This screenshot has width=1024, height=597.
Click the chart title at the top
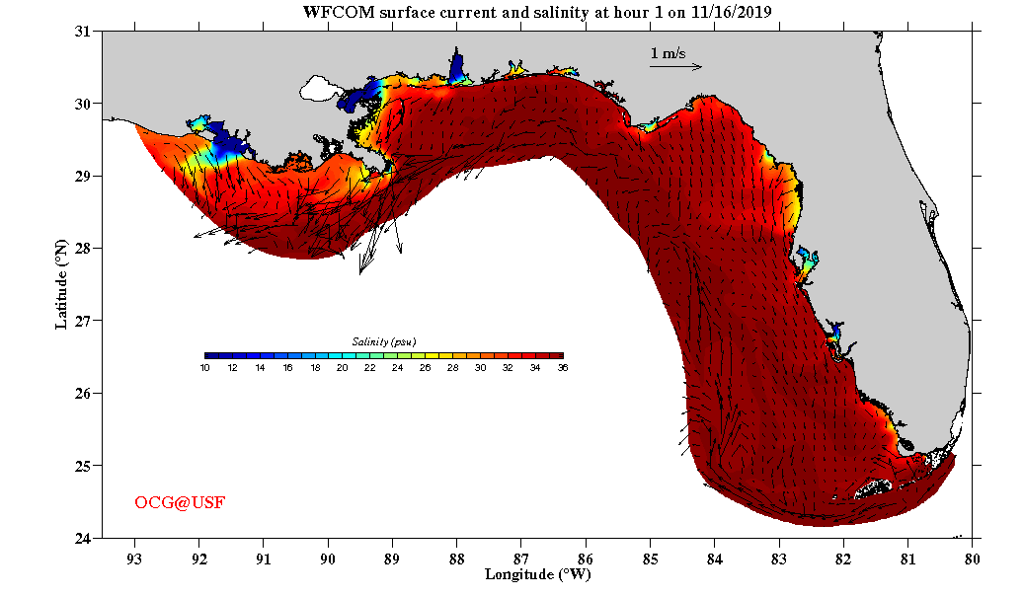[537, 12]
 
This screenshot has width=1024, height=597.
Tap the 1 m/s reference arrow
[675, 67]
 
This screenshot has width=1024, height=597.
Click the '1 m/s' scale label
[668, 52]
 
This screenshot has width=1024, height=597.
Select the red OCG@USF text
[180, 503]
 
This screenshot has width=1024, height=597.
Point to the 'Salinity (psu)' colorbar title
[384, 341]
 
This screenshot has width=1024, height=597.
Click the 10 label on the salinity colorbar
[204, 367]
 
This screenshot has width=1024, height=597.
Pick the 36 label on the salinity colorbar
[562, 367]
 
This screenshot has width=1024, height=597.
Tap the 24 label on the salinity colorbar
[397, 367]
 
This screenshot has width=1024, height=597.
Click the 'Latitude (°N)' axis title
[62, 284]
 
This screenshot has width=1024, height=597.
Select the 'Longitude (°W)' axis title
[537, 573]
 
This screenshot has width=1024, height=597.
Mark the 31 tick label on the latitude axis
[83, 32]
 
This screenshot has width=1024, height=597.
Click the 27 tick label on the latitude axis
[83, 321]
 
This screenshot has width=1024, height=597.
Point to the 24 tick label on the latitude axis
[83, 538]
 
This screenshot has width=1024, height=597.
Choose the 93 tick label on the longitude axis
[134, 556]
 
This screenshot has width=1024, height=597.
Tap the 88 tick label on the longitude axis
[457, 556]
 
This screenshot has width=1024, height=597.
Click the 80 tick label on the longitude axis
[973, 556]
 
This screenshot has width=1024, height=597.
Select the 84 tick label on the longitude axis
[715, 556]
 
